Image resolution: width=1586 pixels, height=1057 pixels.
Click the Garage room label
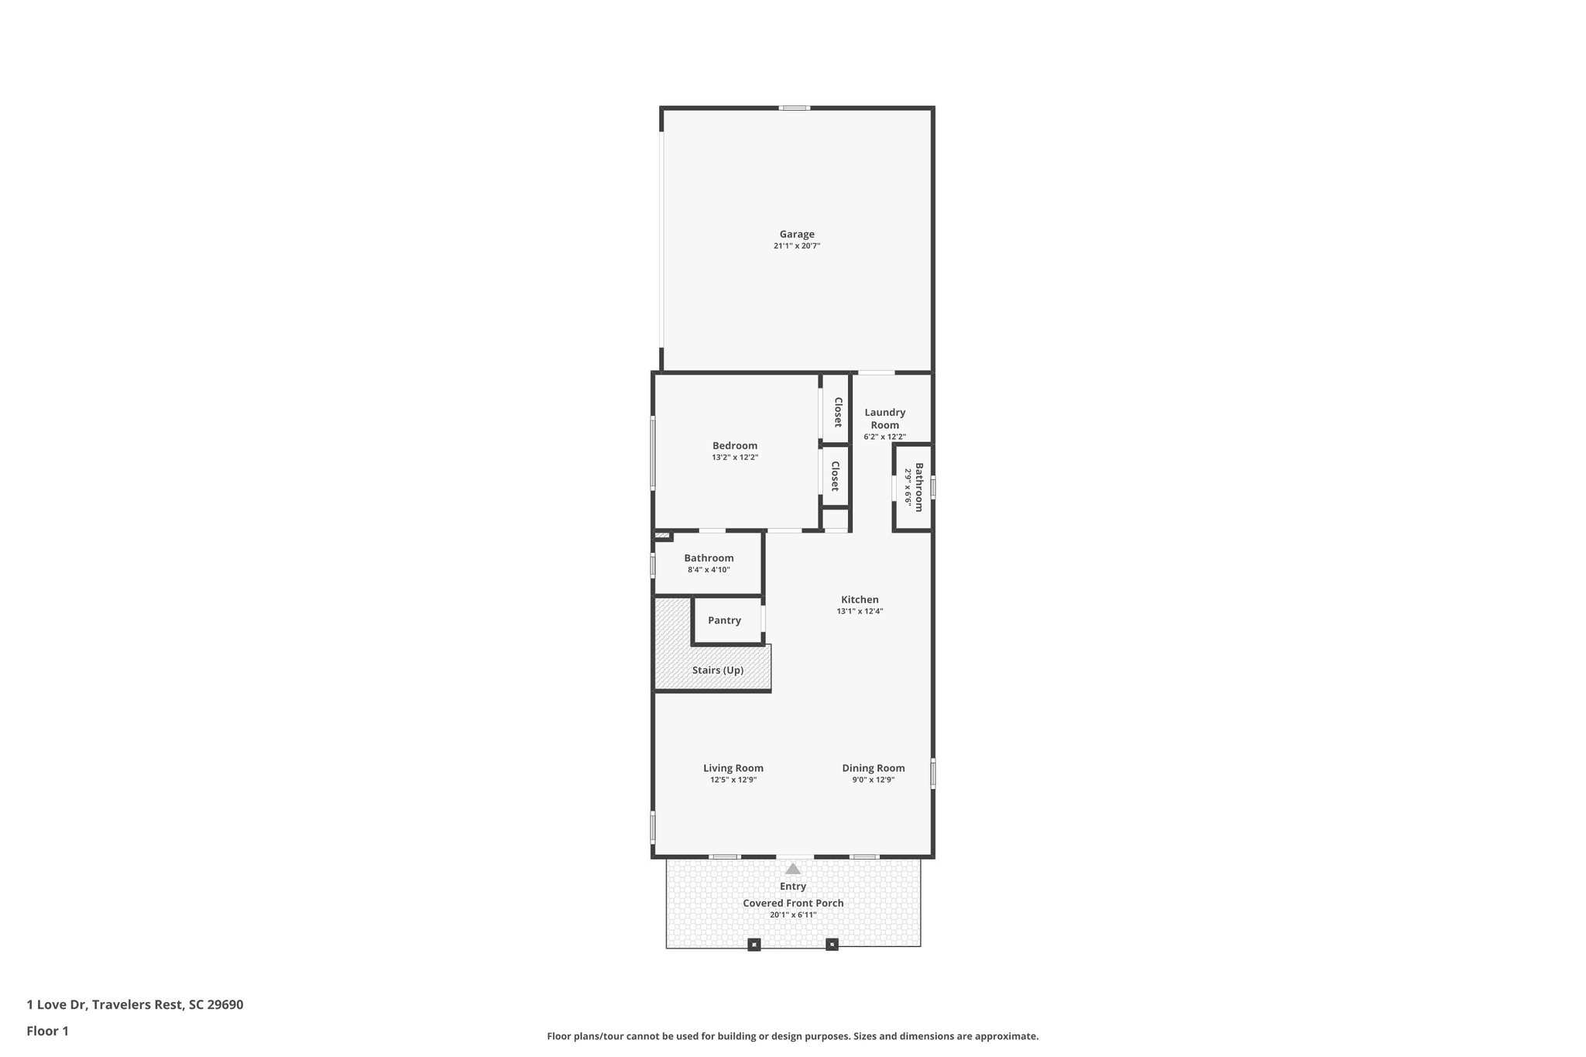[796, 234]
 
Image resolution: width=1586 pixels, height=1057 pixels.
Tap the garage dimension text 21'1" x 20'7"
[796, 246]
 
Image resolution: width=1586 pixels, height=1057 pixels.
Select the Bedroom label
[734, 445]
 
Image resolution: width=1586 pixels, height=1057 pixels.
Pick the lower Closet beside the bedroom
[835, 475]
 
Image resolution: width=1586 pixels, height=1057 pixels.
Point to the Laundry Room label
[884, 418]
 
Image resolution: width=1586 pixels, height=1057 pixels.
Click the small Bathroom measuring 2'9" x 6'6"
[914, 487]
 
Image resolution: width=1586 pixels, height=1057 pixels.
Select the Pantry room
[724, 620]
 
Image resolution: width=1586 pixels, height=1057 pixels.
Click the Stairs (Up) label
[717, 670]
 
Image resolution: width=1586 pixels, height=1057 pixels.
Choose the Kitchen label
[860, 599]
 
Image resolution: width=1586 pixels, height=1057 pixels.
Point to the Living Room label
[733, 768]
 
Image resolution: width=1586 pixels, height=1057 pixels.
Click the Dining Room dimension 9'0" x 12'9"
[874, 781]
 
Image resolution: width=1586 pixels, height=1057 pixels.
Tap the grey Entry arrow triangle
[792, 869]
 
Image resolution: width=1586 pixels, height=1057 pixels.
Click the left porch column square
[754, 944]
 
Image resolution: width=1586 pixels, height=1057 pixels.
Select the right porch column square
[832, 944]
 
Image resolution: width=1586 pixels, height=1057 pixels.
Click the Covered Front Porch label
[793, 903]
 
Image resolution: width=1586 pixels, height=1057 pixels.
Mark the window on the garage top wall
[794, 108]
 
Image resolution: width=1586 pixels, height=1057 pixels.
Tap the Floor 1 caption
[47, 1031]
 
